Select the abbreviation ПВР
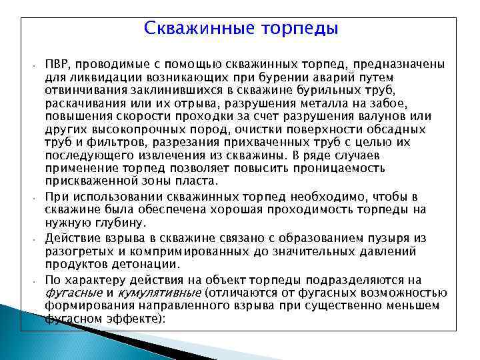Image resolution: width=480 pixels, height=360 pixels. [x=58, y=65]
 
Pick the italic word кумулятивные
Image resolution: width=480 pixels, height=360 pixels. [x=158, y=293]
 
